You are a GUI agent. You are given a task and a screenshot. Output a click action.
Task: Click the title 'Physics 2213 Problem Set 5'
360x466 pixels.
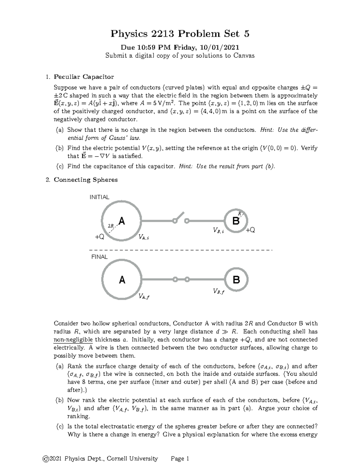pos(180,34)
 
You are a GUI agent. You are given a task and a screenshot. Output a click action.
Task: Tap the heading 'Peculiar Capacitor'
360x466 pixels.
pos(84,77)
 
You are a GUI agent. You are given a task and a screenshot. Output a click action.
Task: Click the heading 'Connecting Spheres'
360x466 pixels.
pos(85,180)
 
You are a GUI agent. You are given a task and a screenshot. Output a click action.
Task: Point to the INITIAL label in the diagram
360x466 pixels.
pos(99,197)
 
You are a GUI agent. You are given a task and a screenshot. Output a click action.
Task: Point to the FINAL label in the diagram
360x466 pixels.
pos(99,257)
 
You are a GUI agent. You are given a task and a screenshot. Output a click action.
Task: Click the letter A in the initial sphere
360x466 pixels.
pos(121,221)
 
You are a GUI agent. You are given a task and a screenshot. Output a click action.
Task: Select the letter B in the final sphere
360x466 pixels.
pos(236,280)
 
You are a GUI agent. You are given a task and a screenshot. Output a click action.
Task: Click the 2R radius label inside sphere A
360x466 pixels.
pos(111,225)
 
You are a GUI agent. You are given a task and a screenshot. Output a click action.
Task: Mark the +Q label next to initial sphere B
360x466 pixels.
pos(250,230)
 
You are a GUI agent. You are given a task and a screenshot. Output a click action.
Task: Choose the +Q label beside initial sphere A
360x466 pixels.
pos(99,237)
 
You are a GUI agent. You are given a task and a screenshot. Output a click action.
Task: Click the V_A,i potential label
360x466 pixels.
pos(143,237)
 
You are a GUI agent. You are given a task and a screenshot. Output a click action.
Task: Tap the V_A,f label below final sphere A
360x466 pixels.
pos(144,297)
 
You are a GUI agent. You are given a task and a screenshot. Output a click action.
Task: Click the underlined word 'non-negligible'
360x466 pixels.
pos(73,340)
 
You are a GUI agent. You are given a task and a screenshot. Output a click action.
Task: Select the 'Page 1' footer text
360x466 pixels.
pos(180,458)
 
